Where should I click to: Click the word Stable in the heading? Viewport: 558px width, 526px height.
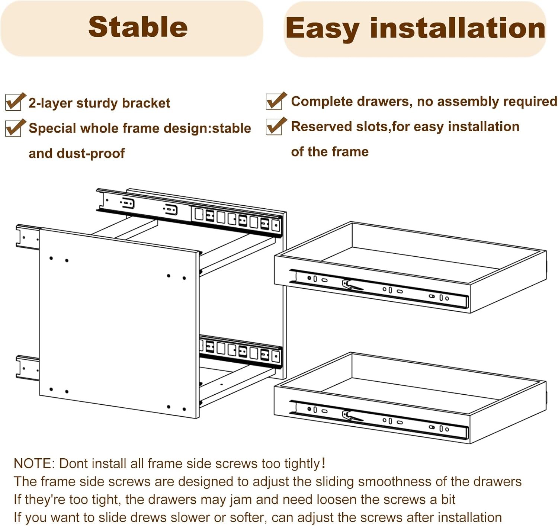tap(138, 27)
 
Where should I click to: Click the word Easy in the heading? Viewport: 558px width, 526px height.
tap(322, 29)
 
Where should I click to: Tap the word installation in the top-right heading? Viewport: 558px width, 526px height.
tap(457, 28)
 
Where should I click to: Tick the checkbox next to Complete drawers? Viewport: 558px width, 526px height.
tap(275, 102)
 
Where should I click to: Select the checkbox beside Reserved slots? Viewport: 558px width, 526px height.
tap(275, 127)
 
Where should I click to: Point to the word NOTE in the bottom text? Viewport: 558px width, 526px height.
tap(33, 464)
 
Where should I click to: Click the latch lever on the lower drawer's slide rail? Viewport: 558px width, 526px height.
tap(352, 416)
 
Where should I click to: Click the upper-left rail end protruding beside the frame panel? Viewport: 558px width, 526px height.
tap(27, 236)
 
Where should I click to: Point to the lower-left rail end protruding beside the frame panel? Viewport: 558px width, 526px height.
tap(27, 368)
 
